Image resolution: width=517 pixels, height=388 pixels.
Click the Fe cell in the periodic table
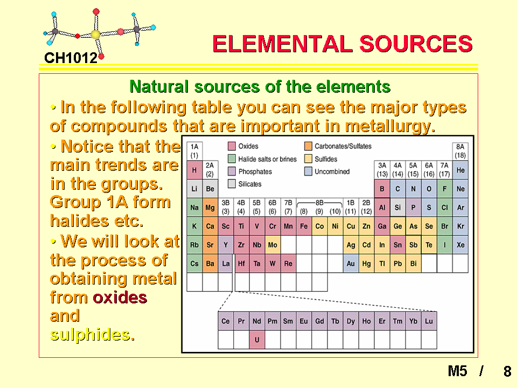coord(304,226)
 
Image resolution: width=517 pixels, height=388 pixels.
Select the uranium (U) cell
coord(257,339)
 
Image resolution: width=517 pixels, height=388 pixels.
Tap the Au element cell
coord(351,264)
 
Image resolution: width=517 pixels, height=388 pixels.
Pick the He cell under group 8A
coord(460,170)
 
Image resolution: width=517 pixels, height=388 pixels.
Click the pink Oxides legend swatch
coord(232,146)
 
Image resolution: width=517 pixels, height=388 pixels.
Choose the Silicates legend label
coord(250,184)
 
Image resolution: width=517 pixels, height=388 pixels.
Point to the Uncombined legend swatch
coord(308,171)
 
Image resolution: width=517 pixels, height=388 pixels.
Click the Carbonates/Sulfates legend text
coord(343,146)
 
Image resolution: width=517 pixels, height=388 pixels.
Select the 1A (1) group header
coord(194,151)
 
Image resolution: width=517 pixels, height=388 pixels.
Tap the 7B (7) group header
coord(288,207)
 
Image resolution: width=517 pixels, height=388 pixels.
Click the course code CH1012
coord(71,58)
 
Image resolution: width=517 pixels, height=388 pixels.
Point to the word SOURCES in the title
coord(416,44)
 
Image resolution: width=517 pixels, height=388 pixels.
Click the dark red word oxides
coord(120,297)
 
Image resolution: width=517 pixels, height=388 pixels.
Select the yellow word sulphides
coord(92,335)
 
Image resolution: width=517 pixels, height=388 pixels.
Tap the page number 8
coord(507,371)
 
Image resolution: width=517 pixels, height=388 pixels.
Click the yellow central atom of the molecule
coord(96,34)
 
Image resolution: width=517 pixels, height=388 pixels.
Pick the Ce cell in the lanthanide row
coord(226,321)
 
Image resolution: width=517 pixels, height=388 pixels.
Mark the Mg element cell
coord(210,207)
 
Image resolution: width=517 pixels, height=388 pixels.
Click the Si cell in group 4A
coord(397,207)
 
